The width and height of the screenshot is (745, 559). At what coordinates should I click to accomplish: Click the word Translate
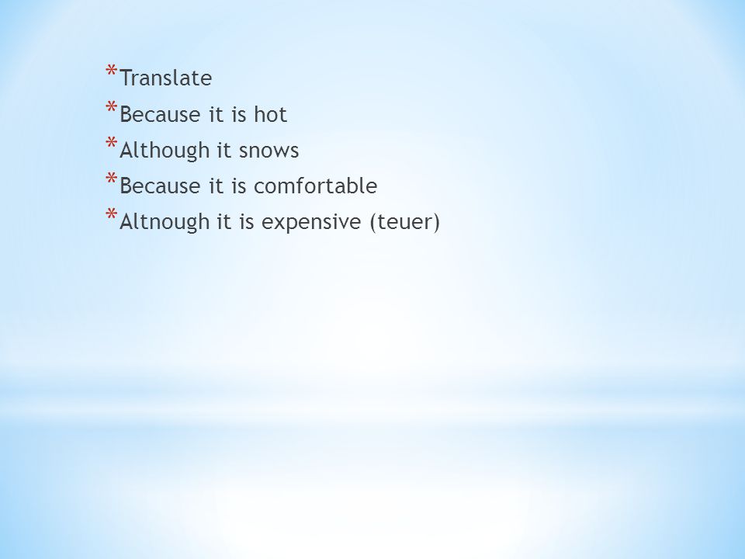click(x=166, y=78)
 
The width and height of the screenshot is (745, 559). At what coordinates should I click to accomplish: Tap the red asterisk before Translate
click(x=111, y=71)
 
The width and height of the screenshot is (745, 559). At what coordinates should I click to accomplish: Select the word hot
click(x=270, y=114)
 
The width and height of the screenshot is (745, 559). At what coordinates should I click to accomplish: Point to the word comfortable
click(x=316, y=186)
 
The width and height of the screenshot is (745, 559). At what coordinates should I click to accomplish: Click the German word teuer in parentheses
click(x=404, y=222)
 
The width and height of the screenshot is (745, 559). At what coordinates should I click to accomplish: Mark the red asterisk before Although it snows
click(x=111, y=143)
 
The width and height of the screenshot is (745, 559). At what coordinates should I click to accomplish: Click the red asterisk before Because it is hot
click(x=111, y=106)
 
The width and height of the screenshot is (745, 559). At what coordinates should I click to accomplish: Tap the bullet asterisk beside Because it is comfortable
click(x=111, y=179)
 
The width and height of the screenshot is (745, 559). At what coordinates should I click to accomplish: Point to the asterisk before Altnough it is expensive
click(x=111, y=214)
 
